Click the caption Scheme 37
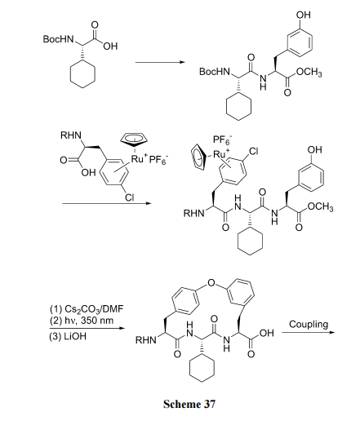click(x=189, y=404)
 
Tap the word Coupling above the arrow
click(x=309, y=325)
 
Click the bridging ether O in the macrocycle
click(x=211, y=283)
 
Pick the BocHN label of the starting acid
click(x=59, y=39)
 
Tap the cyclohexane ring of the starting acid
click(x=82, y=75)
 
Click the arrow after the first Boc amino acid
click(x=160, y=62)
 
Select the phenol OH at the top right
click(x=304, y=15)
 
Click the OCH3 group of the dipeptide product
click(x=309, y=72)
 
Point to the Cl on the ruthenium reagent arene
click(x=129, y=197)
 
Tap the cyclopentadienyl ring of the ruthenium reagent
click(x=134, y=139)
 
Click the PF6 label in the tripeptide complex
click(x=222, y=139)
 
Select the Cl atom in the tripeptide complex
click(x=253, y=152)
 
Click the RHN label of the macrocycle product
click(x=146, y=340)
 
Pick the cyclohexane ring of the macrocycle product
click(x=202, y=369)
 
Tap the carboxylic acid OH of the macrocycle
click(x=267, y=333)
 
